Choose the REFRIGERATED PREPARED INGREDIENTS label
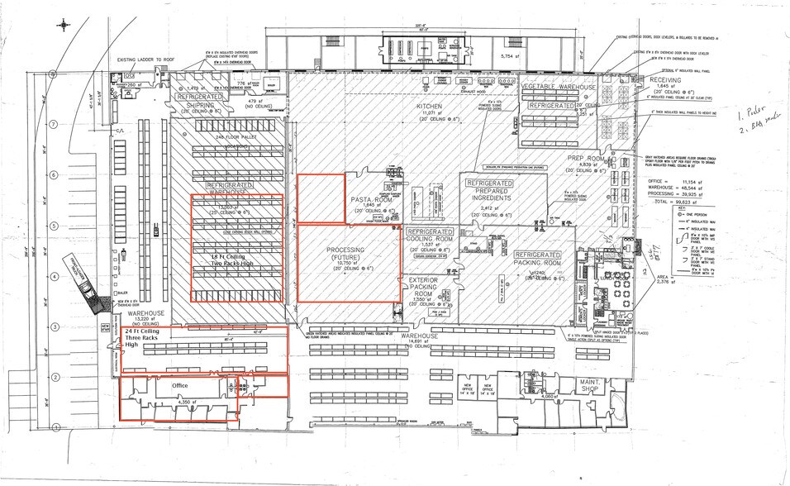tap(493, 190)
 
